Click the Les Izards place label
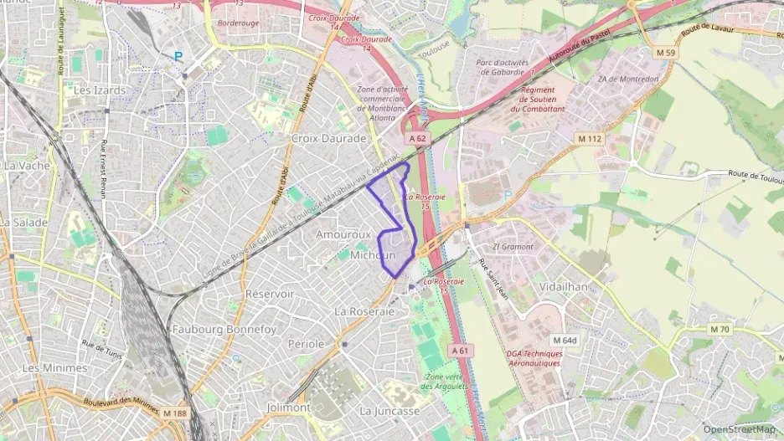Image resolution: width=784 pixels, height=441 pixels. coord(100,90)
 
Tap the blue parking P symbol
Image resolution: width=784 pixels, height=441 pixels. coord(178,56)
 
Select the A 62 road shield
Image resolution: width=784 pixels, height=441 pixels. coord(418,138)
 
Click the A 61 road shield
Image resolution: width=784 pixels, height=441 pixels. coord(459,351)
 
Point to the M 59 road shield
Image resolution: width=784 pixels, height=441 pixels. coord(665,53)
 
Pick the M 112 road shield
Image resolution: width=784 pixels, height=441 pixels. coord(590,138)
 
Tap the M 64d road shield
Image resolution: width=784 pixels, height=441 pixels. coord(565,340)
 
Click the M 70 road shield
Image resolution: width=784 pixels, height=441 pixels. coord(720,329)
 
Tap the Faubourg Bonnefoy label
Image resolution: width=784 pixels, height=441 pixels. coord(224,330)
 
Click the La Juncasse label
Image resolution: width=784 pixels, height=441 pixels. coord(389,411)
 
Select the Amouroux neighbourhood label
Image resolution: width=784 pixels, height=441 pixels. coord(343,235)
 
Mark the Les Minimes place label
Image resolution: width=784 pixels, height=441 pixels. coord(54,367)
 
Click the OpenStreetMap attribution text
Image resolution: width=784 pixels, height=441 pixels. coord(739,429)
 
